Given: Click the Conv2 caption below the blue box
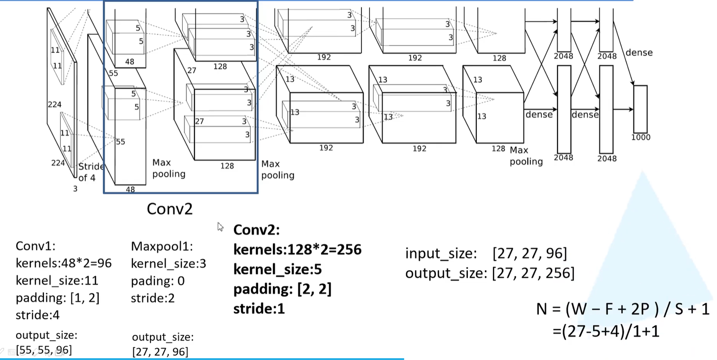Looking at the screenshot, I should point(170,209).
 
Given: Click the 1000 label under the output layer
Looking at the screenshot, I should point(641,137).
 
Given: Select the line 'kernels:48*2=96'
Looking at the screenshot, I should point(63,263).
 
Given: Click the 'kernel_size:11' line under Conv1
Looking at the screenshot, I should point(57,281).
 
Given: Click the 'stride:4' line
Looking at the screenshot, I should point(37,315).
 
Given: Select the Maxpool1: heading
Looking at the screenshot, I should point(162,246).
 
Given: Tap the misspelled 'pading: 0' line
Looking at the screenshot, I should point(158,281).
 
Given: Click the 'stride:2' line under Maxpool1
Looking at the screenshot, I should point(153,298).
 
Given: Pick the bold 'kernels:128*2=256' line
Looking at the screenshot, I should point(297,250).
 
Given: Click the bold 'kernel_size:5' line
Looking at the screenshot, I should point(277,269).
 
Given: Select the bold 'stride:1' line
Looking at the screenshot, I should point(259,309).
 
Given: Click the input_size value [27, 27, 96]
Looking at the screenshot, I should point(530,253).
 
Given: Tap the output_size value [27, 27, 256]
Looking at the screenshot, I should point(533,273).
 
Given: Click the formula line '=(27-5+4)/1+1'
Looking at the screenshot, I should point(606,331).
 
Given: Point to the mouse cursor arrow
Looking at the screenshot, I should point(220,227).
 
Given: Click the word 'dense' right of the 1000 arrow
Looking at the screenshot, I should point(639,53).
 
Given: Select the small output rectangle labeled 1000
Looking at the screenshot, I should point(640,109).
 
